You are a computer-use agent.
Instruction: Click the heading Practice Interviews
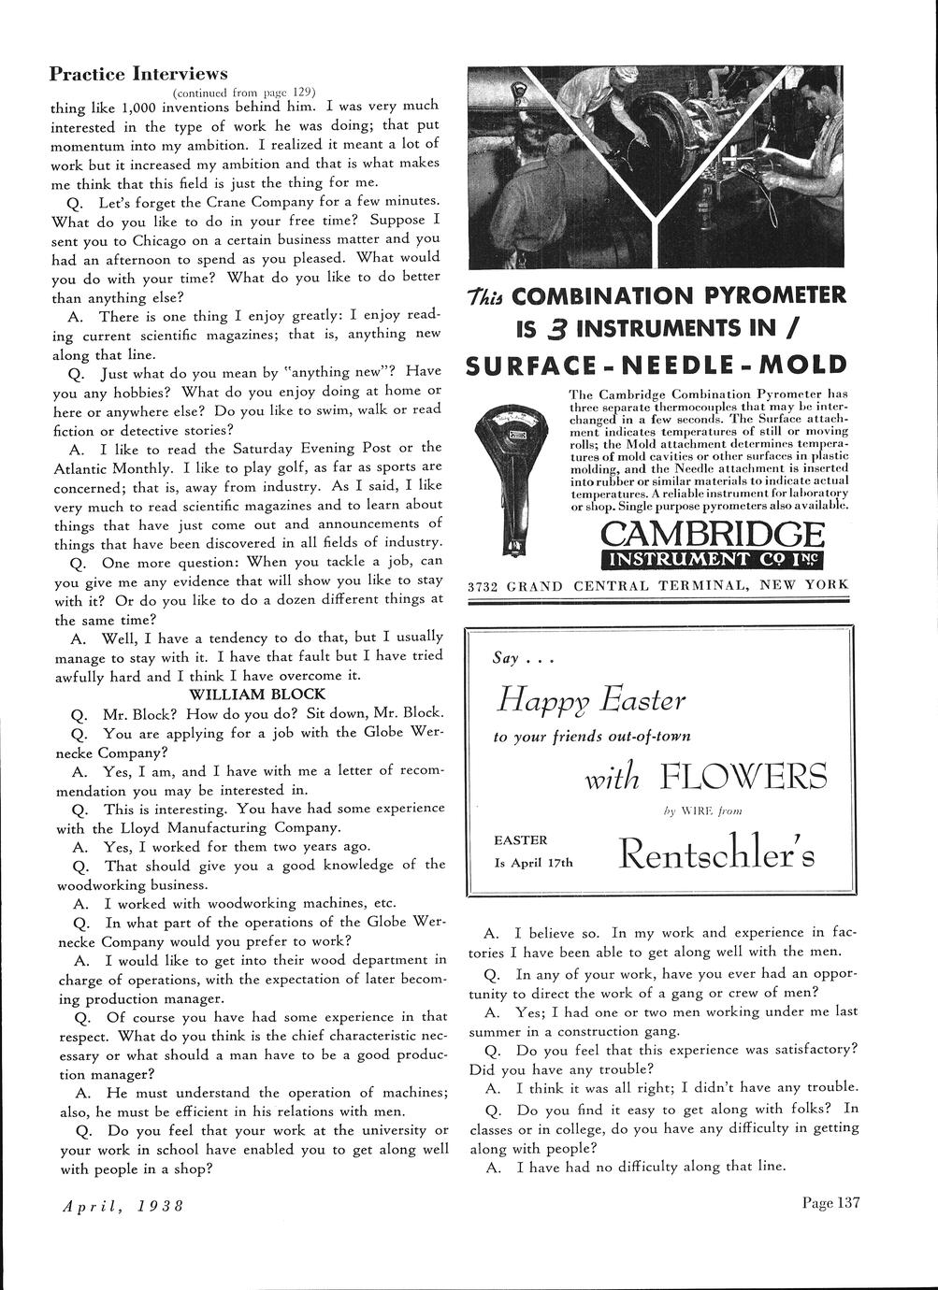(x=138, y=73)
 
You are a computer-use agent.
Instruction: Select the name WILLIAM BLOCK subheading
(x=257, y=694)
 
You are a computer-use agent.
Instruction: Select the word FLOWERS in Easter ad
(x=743, y=776)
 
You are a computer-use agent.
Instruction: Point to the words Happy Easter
(x=591, y=698)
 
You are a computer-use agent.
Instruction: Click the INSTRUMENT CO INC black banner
(x=713, y=560)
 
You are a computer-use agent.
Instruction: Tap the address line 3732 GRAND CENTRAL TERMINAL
(x=657, y=585)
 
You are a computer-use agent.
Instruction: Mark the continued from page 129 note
(x=244, y=92)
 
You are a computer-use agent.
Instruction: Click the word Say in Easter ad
(x=505, y=658)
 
